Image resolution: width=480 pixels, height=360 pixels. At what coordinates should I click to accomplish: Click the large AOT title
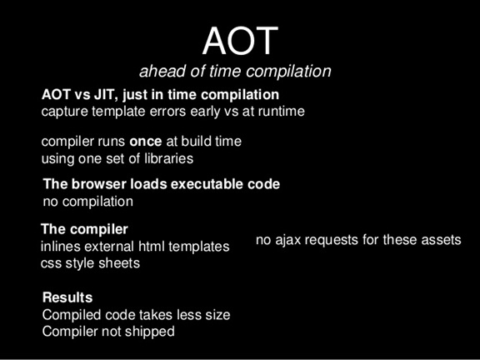pyautogui.click(x=240, y=41)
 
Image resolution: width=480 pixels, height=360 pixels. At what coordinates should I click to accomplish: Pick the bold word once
pyautogui.click(x=145, y=142)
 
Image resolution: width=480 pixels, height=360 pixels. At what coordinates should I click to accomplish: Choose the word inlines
pyautogui.click(x=60, y=247)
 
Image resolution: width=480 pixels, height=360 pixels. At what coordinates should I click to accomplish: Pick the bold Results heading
pyautogui.click(x=67, y=297)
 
